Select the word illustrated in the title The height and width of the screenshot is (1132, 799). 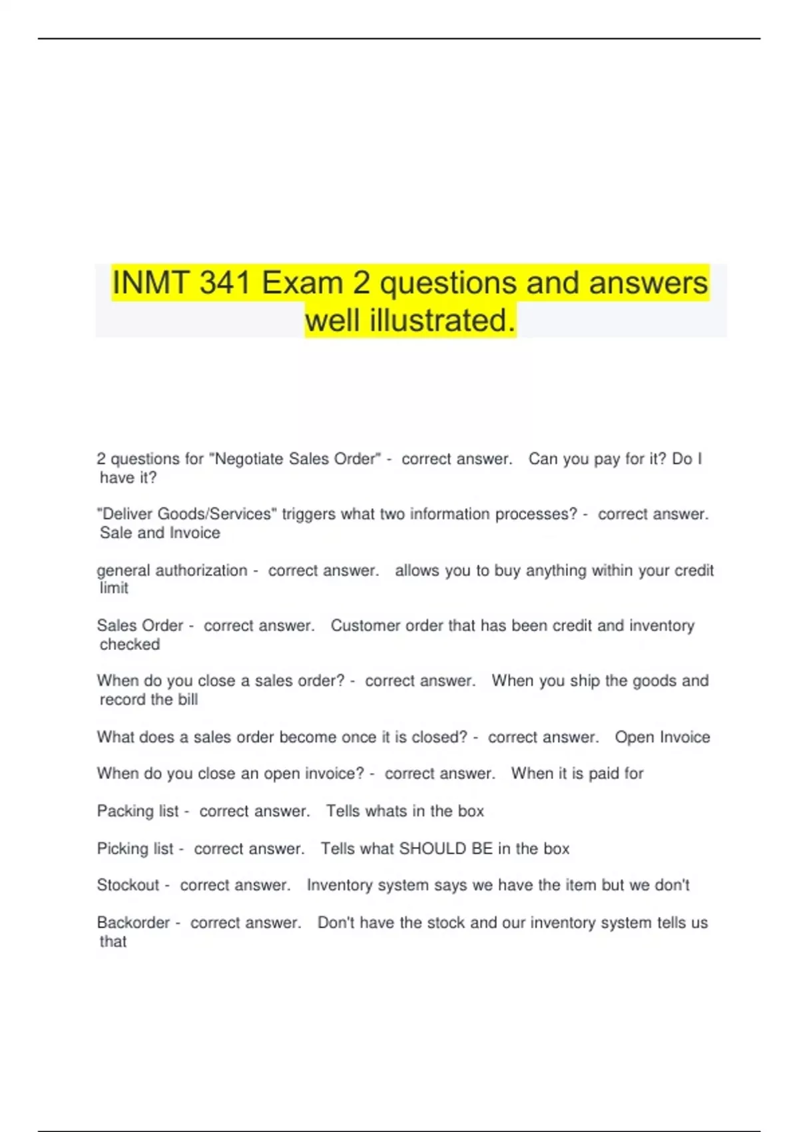[x=442, y=321]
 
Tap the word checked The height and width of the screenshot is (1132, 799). [x=130, y=645]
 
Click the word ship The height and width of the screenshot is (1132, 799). [x=585, y=681]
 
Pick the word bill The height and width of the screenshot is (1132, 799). [x=188, y=700]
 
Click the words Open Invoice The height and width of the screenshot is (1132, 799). [x=662, y=737]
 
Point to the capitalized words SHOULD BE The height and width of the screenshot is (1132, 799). [x=445, y=849]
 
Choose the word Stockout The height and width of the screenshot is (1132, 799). [x=128, y=886]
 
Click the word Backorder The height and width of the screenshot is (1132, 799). [x=133, y=923]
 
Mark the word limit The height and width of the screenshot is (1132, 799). [x=114, y=589]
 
